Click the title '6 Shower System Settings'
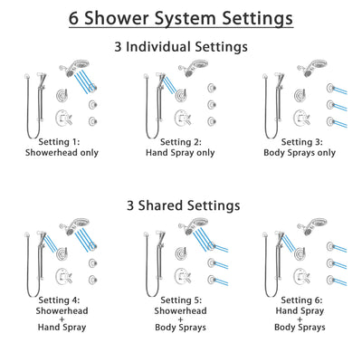tap(181, 17)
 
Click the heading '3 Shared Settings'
tap(181, 205)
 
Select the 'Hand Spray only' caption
tap(180, 153)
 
